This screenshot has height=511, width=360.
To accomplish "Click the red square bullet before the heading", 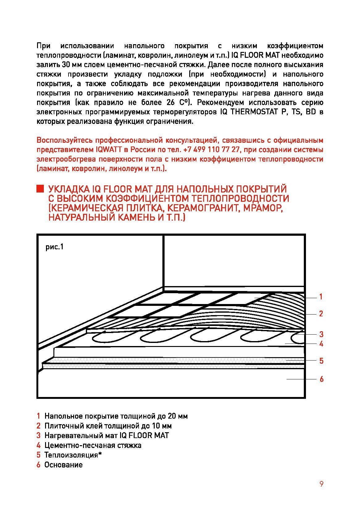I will click(x=40, y=189).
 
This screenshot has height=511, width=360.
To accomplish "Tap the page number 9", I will click(x=321, y=484).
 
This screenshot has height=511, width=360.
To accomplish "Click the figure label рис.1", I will click(x=55, y=247).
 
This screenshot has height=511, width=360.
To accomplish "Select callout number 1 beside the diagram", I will click(x=321, y=297).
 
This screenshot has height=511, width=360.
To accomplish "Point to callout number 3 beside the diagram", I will click(x=321, y=334).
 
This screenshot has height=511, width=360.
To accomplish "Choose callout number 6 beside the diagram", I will click(x=321, y=379).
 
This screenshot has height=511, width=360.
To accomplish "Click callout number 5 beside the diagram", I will click(x=321, y=361).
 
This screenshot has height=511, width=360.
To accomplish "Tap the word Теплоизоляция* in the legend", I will click(x=73, y=455).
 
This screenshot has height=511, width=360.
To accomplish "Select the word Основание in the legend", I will click(x=64, y=465).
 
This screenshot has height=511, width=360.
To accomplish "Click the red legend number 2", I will click(x=39, y=426).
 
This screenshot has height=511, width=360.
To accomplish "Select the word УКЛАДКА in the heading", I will click(x=65, y=189).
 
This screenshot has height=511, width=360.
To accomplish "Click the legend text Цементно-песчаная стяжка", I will click(x=93, y=445).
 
